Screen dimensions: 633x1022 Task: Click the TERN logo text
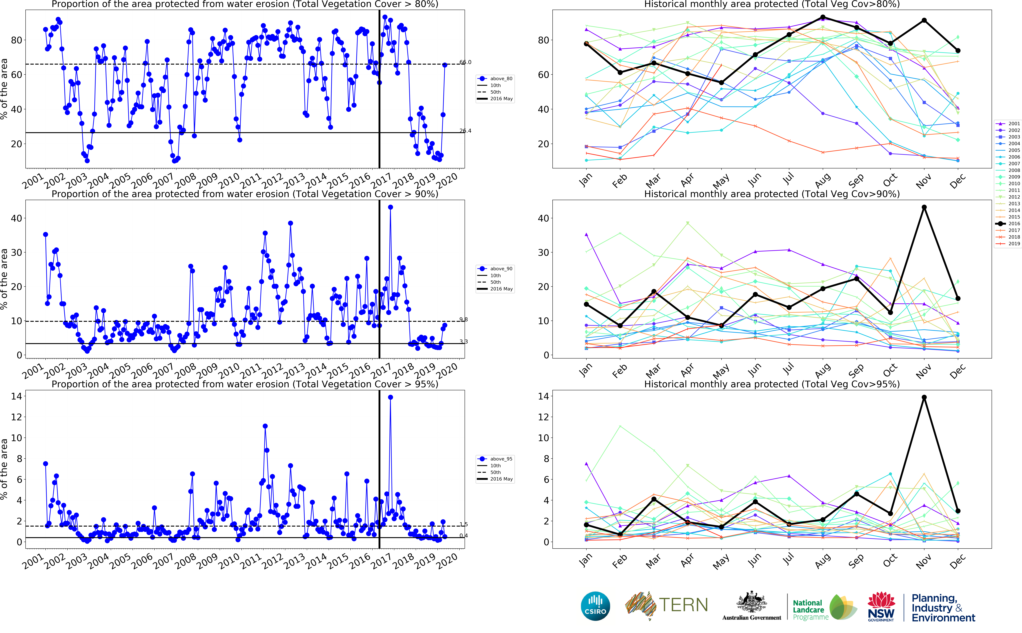click(x=683, y=605)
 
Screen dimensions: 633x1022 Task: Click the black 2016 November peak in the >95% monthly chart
click(x=924, y=397)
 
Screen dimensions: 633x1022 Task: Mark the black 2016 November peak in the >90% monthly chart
click(x=924, y=207)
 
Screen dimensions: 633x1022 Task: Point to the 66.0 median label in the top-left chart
click(x=465, y=62)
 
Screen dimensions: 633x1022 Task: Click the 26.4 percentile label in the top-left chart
click(x=465, y=131)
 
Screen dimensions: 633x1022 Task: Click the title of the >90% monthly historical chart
click(x=772, y=194)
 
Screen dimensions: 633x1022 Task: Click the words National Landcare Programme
click(x=810, y=610)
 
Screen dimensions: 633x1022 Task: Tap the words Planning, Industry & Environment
click(x=943, y=608)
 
